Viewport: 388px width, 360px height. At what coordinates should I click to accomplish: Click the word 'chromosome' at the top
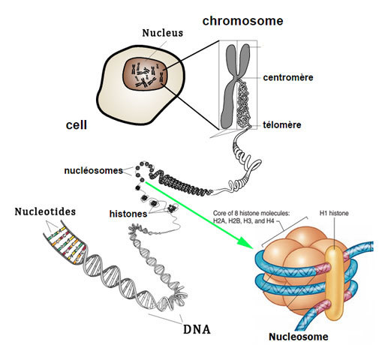pyautogui.click(x=242, y=21)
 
